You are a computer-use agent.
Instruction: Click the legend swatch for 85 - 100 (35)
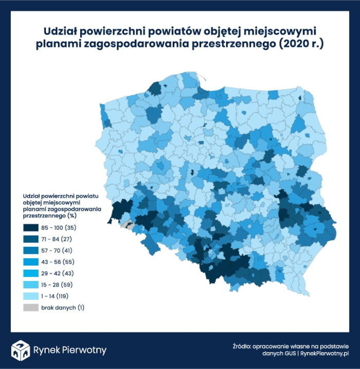pos(32,227)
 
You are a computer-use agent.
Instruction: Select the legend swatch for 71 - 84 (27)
pos(32,238)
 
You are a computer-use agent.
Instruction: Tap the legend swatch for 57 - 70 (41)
pos(32,250)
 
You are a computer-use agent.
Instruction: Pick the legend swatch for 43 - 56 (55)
pos(32,261)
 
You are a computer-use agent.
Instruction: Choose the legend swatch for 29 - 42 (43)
pos(32,273)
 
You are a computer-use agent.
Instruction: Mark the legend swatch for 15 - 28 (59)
pos(32,285)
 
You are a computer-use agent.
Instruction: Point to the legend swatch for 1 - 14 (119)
pos(32,296)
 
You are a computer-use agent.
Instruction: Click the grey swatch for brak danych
pos(32,307)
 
